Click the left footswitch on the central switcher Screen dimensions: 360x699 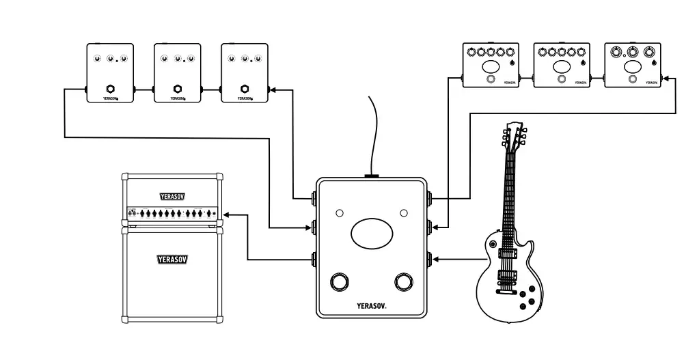340,282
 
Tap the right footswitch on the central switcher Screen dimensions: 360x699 404,282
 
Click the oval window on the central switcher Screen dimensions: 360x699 372,234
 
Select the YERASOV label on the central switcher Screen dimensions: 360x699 372,307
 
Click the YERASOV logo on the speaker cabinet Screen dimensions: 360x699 172,260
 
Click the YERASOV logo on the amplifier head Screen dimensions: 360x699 172,197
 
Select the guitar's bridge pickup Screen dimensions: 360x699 507,277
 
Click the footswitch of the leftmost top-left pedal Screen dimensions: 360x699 110,89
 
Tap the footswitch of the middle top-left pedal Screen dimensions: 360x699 178,89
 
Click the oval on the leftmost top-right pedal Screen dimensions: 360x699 491,66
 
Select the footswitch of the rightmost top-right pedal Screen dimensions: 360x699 633,80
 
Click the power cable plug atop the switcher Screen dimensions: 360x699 372,176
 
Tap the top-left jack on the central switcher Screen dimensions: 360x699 314,199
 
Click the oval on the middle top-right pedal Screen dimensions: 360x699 562,66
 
